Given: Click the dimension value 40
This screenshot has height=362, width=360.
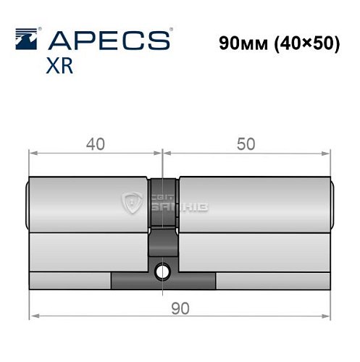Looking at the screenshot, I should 95,143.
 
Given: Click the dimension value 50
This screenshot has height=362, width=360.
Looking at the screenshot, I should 246,143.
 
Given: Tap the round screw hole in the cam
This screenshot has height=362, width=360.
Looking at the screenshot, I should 163,271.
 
